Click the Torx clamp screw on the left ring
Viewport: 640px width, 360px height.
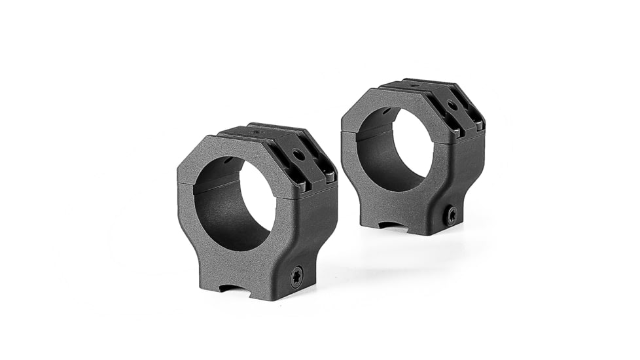click(296, 276)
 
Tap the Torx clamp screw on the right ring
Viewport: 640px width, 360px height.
click(451, 215)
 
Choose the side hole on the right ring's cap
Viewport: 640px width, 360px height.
click(452, 105)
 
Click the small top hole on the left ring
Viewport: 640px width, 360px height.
click(256, 132)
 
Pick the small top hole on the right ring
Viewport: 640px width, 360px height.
click(414, 85)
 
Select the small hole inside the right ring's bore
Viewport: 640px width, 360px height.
click(387, 111)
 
